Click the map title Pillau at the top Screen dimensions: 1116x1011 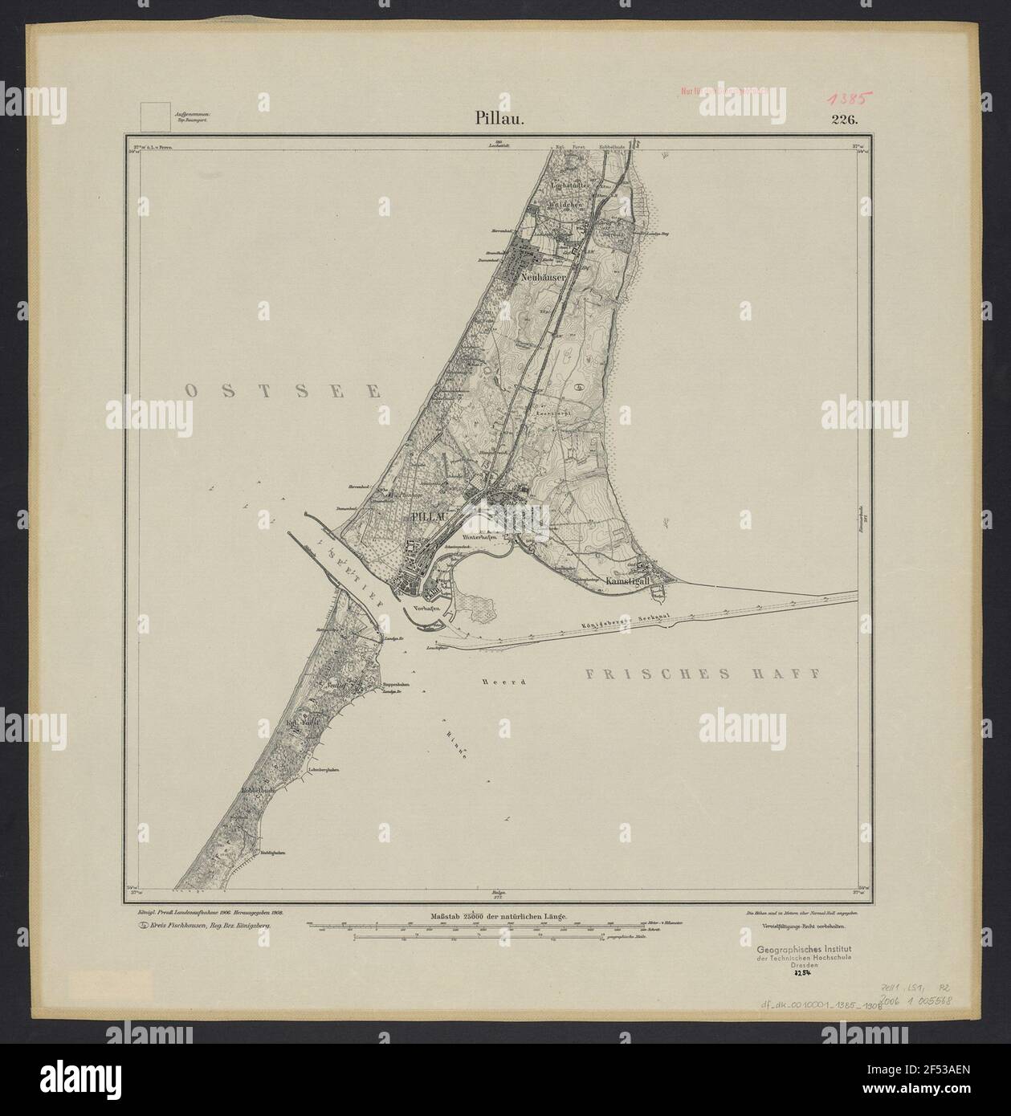coord(498,120)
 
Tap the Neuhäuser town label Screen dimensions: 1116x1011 coord(544,275)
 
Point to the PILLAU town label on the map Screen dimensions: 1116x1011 coord(425,515)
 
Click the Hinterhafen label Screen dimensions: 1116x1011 coord(481,534)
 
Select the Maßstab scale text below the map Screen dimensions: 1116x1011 coord(499,915)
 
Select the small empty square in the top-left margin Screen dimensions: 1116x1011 coord(155,116)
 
